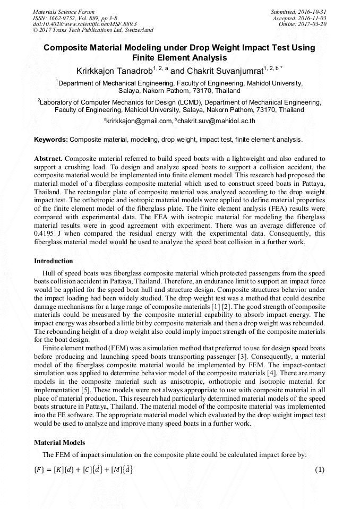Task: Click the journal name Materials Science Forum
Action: [64, 12]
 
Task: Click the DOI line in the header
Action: [85, 24]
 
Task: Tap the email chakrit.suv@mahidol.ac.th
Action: [217, 121]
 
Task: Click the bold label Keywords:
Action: [50, 140]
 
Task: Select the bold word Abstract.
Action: [48, 159]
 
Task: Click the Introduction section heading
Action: [54, 261]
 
